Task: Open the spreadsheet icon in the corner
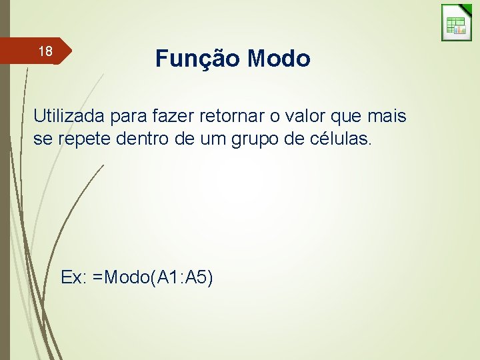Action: point(456,23)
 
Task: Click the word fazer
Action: point(175,117)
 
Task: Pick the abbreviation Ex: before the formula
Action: point(73,277)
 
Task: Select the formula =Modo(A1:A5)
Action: point(153,277)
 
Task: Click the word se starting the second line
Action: point(42,140)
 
